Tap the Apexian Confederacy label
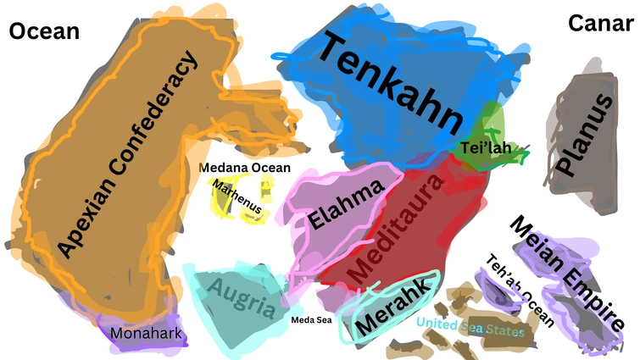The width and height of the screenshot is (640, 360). click(127, 152)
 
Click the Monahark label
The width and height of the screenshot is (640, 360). click(146, 333)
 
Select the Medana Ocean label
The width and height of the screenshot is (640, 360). click(245, 167)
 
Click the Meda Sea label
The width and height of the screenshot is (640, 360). click(311, 319)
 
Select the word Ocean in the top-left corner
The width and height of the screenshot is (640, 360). click(43, 31)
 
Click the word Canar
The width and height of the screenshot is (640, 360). click(600, 23)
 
